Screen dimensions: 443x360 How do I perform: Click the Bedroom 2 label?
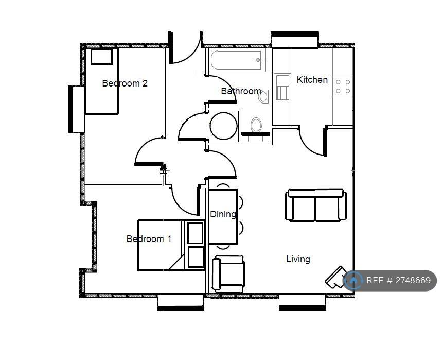tap(125, 83)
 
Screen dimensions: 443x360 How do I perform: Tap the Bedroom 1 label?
tap(149, 239)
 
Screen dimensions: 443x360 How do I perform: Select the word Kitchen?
tap(312, 80)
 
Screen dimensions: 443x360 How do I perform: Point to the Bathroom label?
tap(241, 91)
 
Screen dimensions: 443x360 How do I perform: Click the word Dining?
tap(223, 214)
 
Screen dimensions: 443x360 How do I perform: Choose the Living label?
tap(298, 259)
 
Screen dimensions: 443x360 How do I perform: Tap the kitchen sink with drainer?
tap(282, 87)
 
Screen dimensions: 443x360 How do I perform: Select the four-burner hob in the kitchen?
tap(343, 87)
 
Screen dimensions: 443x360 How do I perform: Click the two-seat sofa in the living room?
tap(315, 205)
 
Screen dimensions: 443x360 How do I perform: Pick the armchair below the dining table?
tap(228, 274)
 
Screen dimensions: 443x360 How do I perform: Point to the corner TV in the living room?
tap(336, 277)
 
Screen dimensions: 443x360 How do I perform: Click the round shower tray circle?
tap(223, 126)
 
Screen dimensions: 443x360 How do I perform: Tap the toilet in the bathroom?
tap(256, 125)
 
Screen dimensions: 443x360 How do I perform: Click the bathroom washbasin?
tap(263, 97)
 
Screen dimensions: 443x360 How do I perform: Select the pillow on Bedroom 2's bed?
tap(101, 57)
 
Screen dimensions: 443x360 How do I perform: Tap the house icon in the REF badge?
tap(353, 280)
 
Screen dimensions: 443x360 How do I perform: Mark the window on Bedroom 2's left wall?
tap(76, 110)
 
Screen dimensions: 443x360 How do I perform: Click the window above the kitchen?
tap(295, 39)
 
